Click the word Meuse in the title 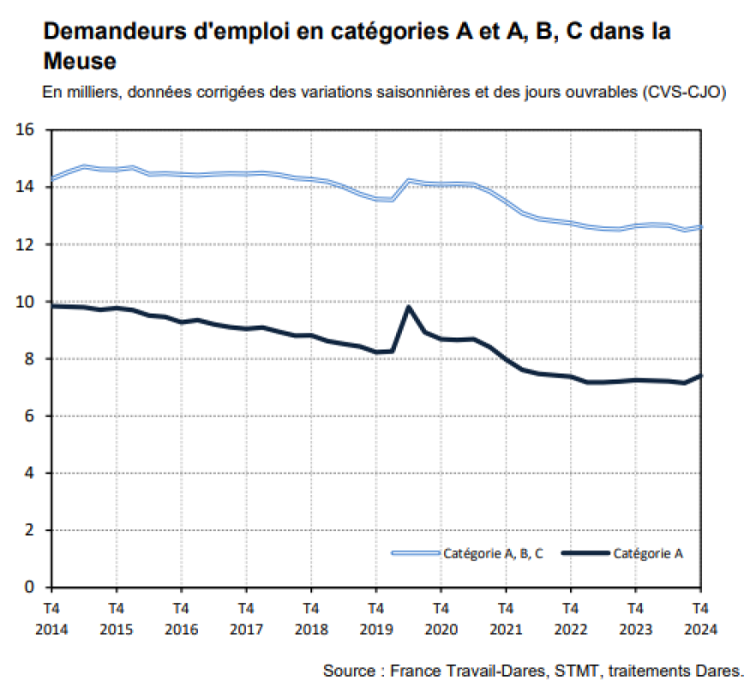(x=79, y=62)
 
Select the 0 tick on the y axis (x=28, y=588)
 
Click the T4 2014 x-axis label (x=51, y=618)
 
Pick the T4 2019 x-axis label (x=375, y=618)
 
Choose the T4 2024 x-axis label (x=699, y=618)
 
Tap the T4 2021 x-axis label (x=505, y=618)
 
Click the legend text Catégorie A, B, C (x=493, y=553)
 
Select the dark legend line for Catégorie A (x=585, y=553)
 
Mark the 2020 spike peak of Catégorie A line (x=409, y=307)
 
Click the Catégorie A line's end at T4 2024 (x=700, y=375)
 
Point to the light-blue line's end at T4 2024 (x=700, y=227)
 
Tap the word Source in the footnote (x=348, y=670)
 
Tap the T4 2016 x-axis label (x=181, y=618)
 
